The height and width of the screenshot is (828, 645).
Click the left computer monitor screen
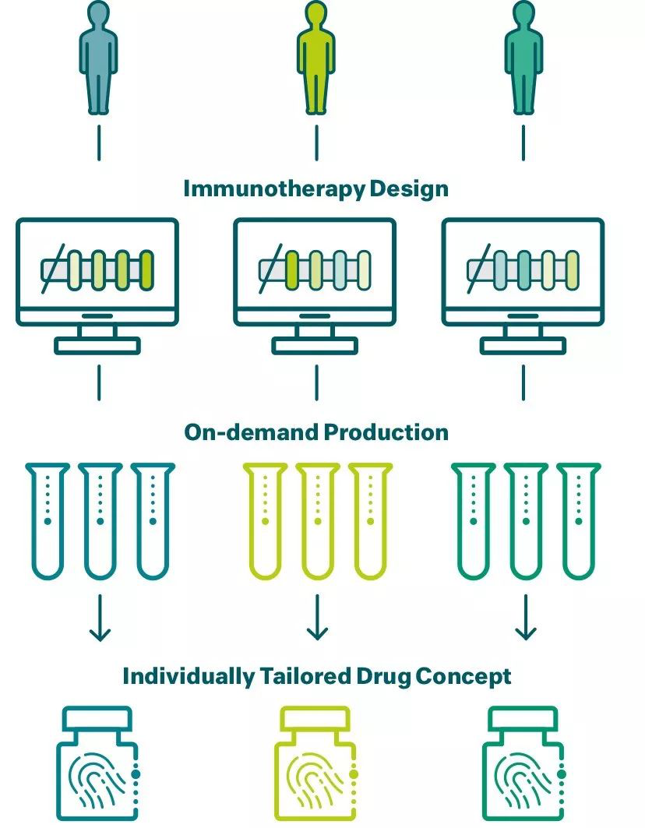[x=98, y=269]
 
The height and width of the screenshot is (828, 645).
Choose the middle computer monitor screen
[x=315, y=269]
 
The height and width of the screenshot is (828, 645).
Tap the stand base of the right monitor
[x=523, y=345]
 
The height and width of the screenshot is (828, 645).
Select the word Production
[x=386, y=432]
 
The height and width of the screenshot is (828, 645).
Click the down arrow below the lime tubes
[x=315, y=618]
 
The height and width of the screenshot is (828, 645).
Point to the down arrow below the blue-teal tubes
[x=99, y=618]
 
